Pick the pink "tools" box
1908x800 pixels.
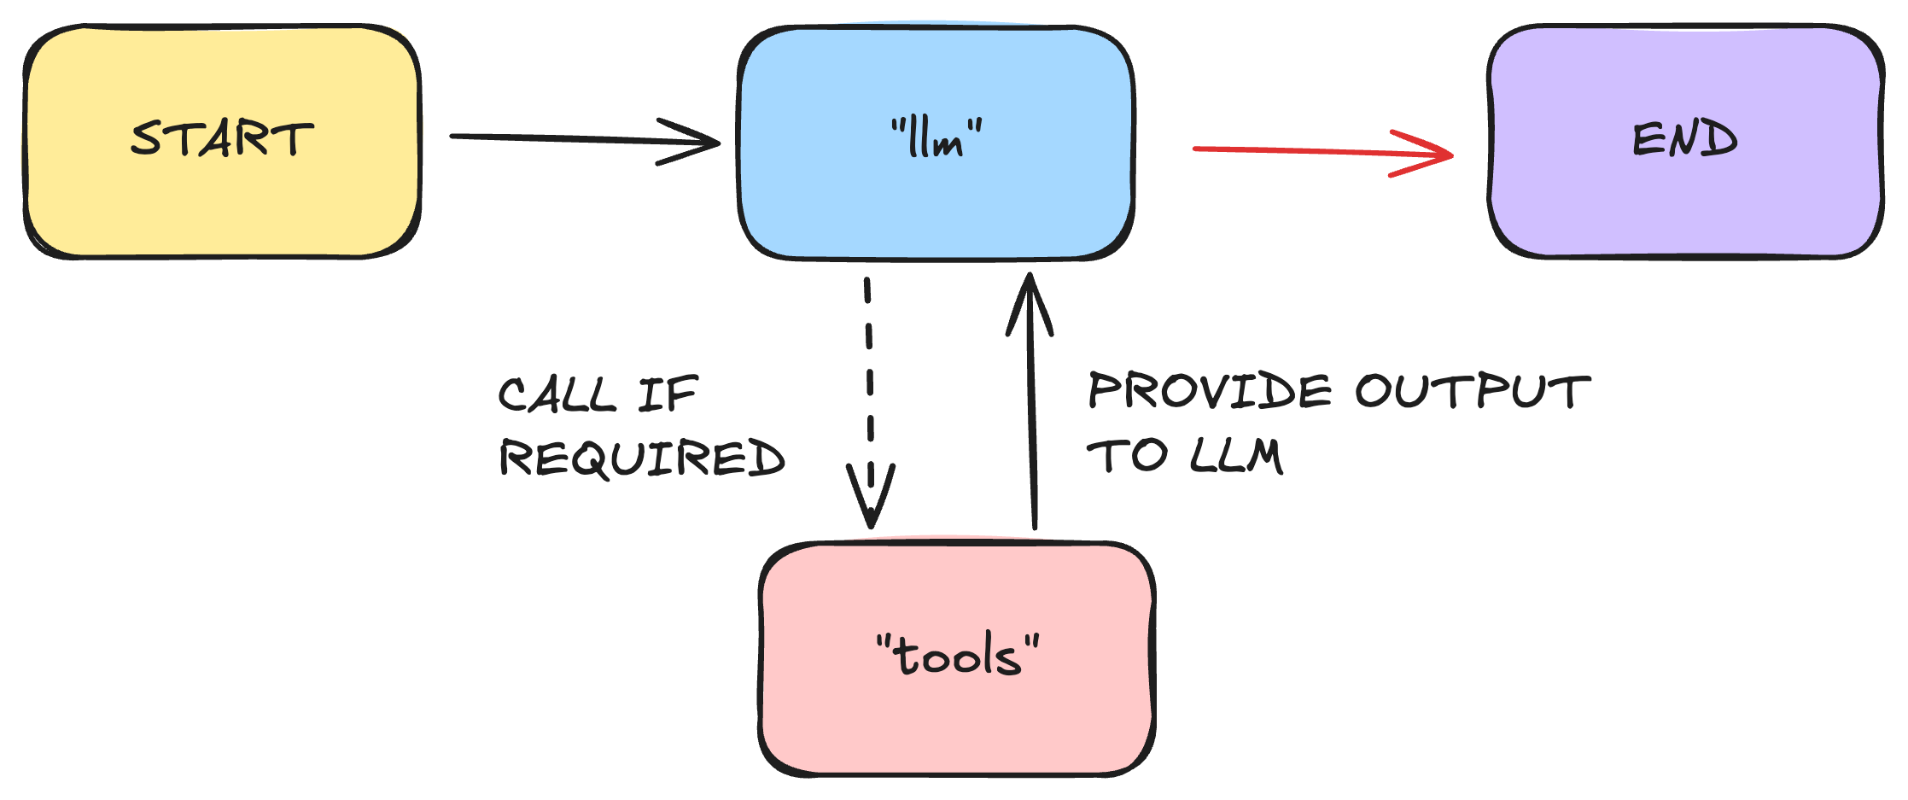[x=957, y=726]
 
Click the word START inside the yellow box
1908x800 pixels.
[x=222, y=139]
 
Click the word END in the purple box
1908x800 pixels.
[x=1685, y=139]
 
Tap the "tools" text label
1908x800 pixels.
[x=958, y=656]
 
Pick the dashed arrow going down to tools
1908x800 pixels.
[x=869, y=384]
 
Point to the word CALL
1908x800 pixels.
[x=557, y=395]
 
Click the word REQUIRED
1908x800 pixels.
[x=642, y=458]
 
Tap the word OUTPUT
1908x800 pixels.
[x=1473, y=391]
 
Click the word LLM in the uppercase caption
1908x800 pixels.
[x=1235, y=455]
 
